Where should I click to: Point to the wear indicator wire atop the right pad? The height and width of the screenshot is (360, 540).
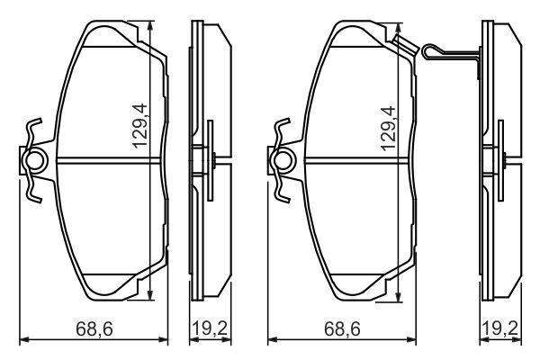[441, 52]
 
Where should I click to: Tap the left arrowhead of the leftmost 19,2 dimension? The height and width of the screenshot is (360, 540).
[191, 340]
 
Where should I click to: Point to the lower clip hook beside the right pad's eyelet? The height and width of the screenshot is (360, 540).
[284, 191]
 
